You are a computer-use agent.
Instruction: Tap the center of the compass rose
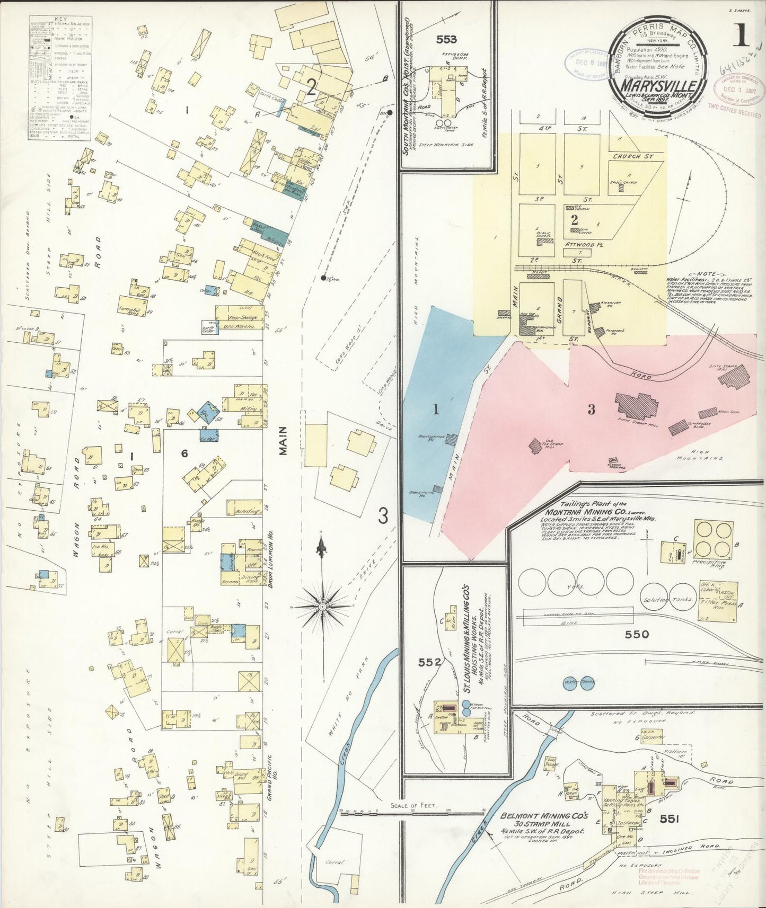tap(322, 604)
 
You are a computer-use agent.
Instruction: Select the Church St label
tap(633, 157)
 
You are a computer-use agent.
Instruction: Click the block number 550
tap(637, 634)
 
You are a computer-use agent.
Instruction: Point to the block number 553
tap(446, 39)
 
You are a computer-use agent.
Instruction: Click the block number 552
tap(429, 662)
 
